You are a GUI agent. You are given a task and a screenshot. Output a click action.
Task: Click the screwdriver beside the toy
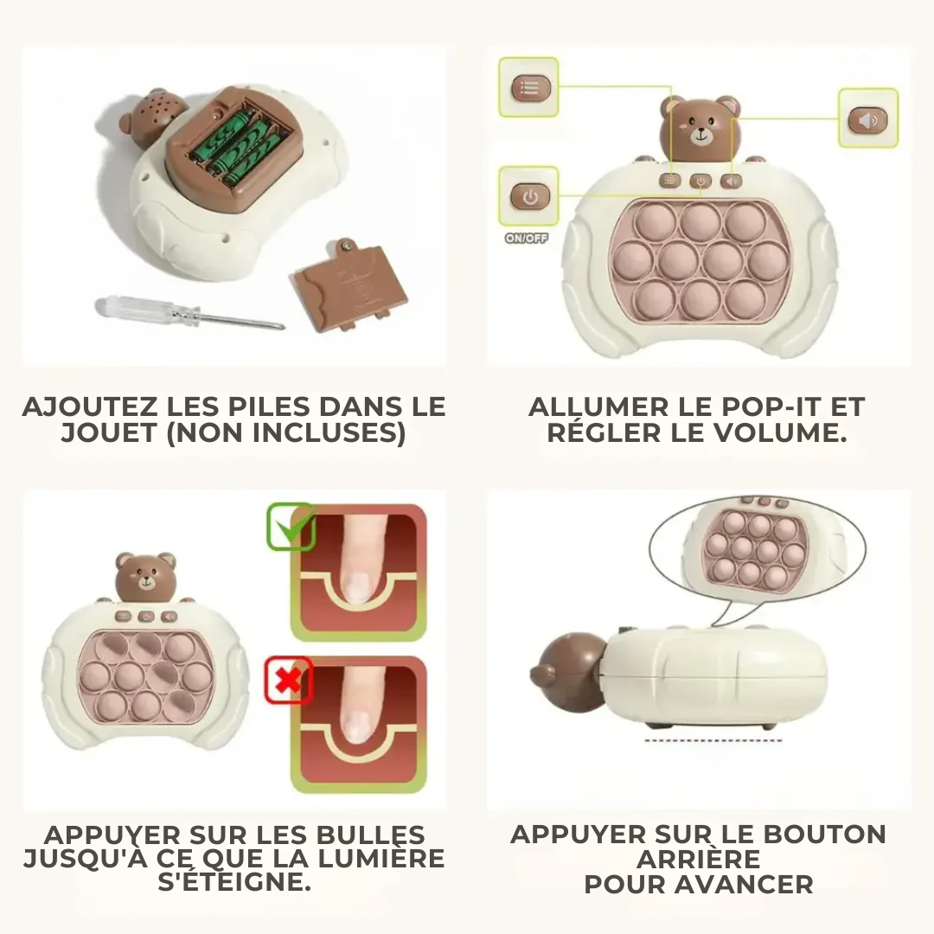pos(189,314)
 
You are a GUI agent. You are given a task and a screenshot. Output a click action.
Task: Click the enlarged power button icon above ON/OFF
pos(529,197)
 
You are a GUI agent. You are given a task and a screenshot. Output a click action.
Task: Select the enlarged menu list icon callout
pos(528,87)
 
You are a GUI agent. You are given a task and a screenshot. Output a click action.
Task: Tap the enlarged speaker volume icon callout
pos(868,119)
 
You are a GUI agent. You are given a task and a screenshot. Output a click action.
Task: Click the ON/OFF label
pos(527,239)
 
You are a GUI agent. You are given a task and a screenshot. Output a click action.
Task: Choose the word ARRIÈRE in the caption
pos(699,860)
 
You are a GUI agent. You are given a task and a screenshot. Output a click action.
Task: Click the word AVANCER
pos(745,885)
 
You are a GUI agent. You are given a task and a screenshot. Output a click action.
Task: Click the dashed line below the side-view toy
pos(713,740)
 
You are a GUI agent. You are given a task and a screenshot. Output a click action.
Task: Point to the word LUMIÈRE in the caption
pos(381,859)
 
